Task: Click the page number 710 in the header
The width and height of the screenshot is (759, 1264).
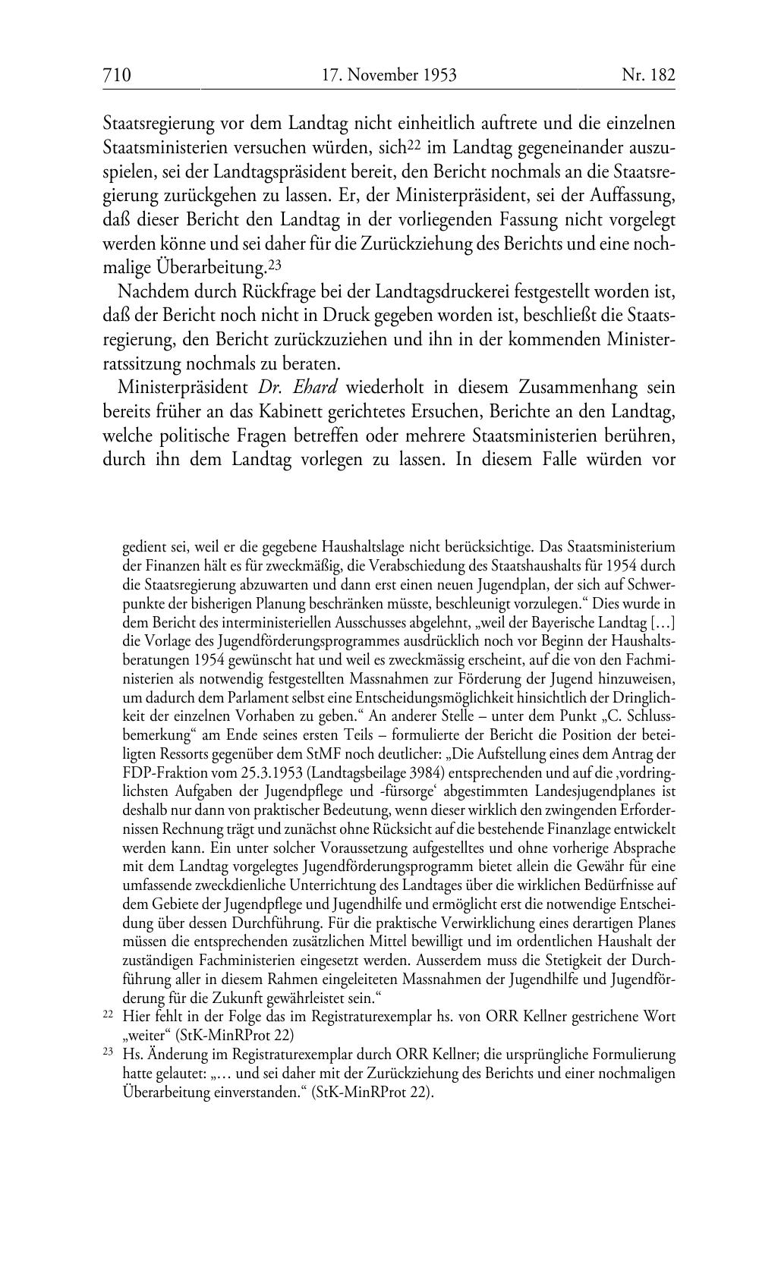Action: pos(117,75)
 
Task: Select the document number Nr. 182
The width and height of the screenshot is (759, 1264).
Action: pos(648,75)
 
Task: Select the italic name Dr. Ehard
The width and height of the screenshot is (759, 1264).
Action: pos(299,387)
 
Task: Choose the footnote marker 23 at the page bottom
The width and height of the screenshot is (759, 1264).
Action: pos(108,1053)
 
